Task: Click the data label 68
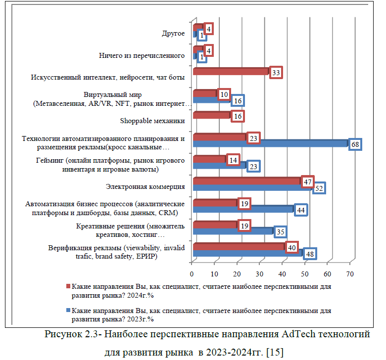pyautogui.click(x=355, y=144)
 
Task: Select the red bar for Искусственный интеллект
pyautogui.click(x=230, y=71)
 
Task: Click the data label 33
pyautogui.click(x=276, y=73)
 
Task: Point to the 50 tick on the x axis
pyautogui.click(x=305, y=273)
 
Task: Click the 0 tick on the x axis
pyautogui.click(x=192, y=273)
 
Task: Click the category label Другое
pyautogui.click(x=173, y=34)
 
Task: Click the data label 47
pyautogui.click(x=307, y=182)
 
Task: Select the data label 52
pyautogui.click(x=319, y=188)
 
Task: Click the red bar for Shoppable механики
pyautogui.click(x=211, y=115)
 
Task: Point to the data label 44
pyautogui.click(x=300, y=210)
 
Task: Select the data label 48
pyautogui.click(x=310, y=254)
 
